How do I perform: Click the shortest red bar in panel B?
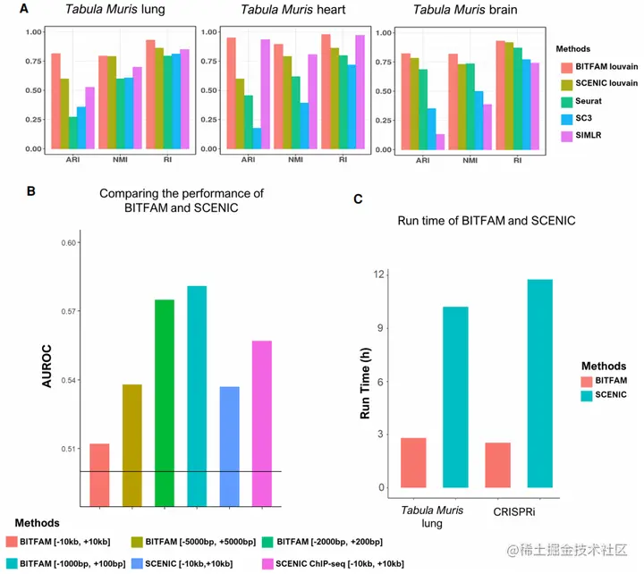point(99,474)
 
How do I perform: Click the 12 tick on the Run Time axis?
point(379,274)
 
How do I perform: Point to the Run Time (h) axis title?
point(365,382)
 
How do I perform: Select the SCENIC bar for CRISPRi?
point(540,384)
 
